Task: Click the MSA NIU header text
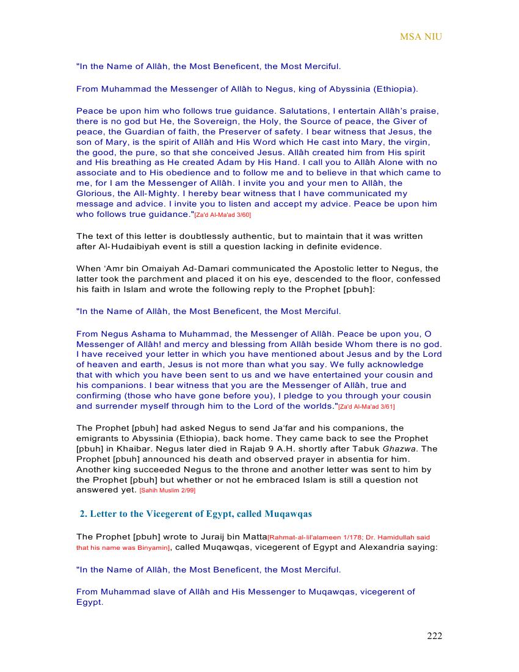pyautogui.click(x=421, y=37)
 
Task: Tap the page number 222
pyautogui.click(x=434, y=636)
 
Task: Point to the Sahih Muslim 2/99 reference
pyautogui.click(x=167, y=491)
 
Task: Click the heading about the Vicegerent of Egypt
pyautogui.click(x=196, y=513)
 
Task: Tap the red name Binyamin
pyautogui.click(x=153, y=548)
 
